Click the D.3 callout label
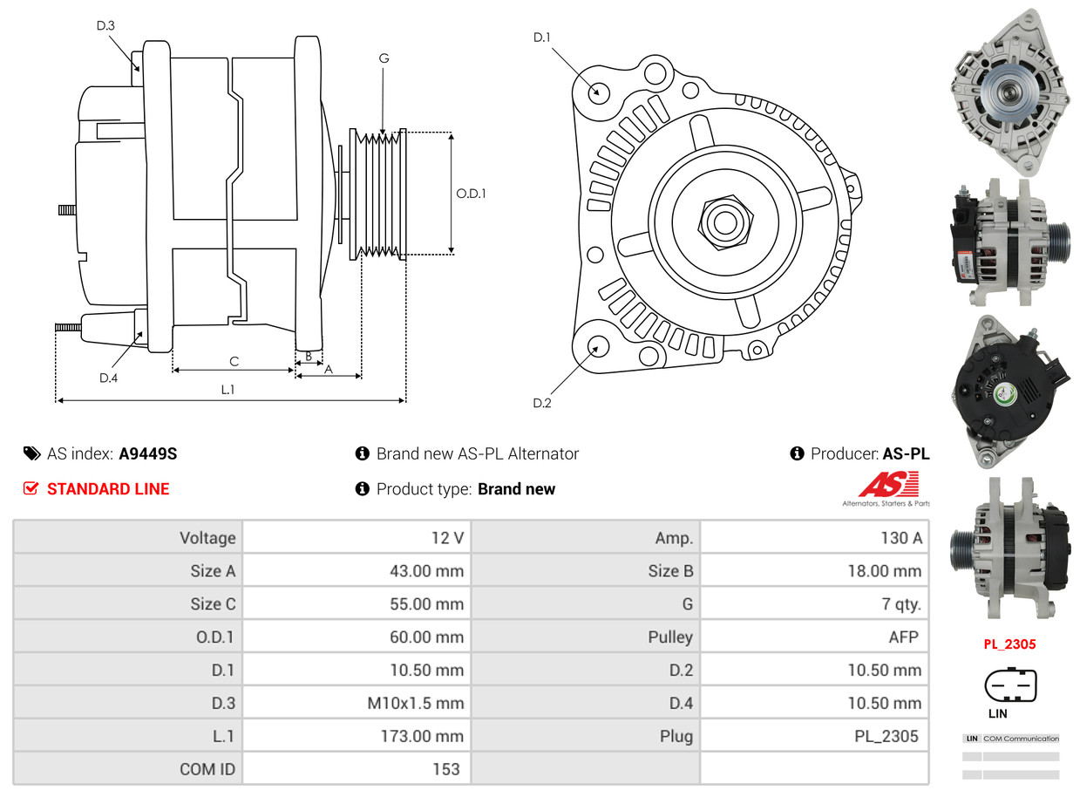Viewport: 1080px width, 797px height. tap(105, 25)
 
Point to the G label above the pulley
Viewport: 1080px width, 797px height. tap(384, 58)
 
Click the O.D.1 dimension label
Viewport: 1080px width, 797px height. tap(471, 193)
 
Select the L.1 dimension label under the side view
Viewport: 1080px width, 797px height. tap(227, 390)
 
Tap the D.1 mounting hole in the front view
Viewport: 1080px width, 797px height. tap(598, 91)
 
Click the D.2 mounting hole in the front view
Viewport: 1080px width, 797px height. tap(597, 346)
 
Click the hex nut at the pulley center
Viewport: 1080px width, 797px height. tap(723, 221)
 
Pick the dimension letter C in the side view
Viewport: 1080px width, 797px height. tap(234, 361)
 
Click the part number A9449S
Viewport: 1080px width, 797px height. tap(148, 453)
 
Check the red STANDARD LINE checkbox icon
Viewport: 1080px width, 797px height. tap(31, 488)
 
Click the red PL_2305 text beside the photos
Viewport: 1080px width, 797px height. tap(1009, 644)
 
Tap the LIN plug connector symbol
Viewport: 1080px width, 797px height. tap(1010, 685)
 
